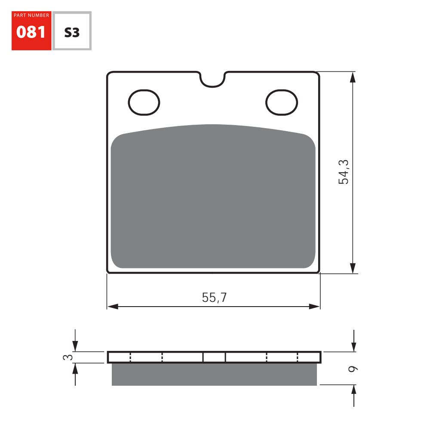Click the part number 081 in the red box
click(x=31, y=32)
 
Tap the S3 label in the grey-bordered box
click(x=72, y=32)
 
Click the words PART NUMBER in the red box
click(x=31, y=15)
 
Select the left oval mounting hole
click(x=144, y=103)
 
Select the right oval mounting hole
click(x=282, y=103)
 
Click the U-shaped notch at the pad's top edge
click(x=213, y=80)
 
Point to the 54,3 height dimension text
click(x=344, y=172)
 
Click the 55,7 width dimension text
click(x=214, y=298)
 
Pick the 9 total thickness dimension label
click(x=353, y=369)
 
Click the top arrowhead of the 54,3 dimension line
click(x=353, y=77)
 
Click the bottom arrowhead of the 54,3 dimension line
click(x=353, y=268)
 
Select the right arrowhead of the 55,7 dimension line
click(x=315, y=307)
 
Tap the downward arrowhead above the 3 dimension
click(x=75, y=346)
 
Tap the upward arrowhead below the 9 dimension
click(x=353, y=390)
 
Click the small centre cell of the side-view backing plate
click(x=214, y=357)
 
